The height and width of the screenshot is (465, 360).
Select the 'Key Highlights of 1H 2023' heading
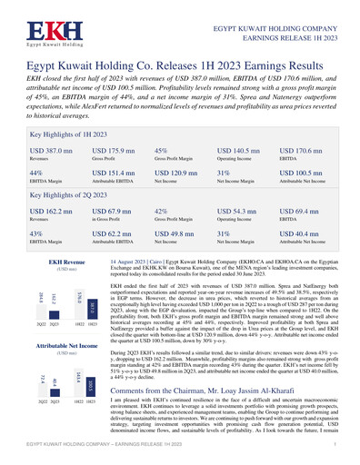coord(55,134)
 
